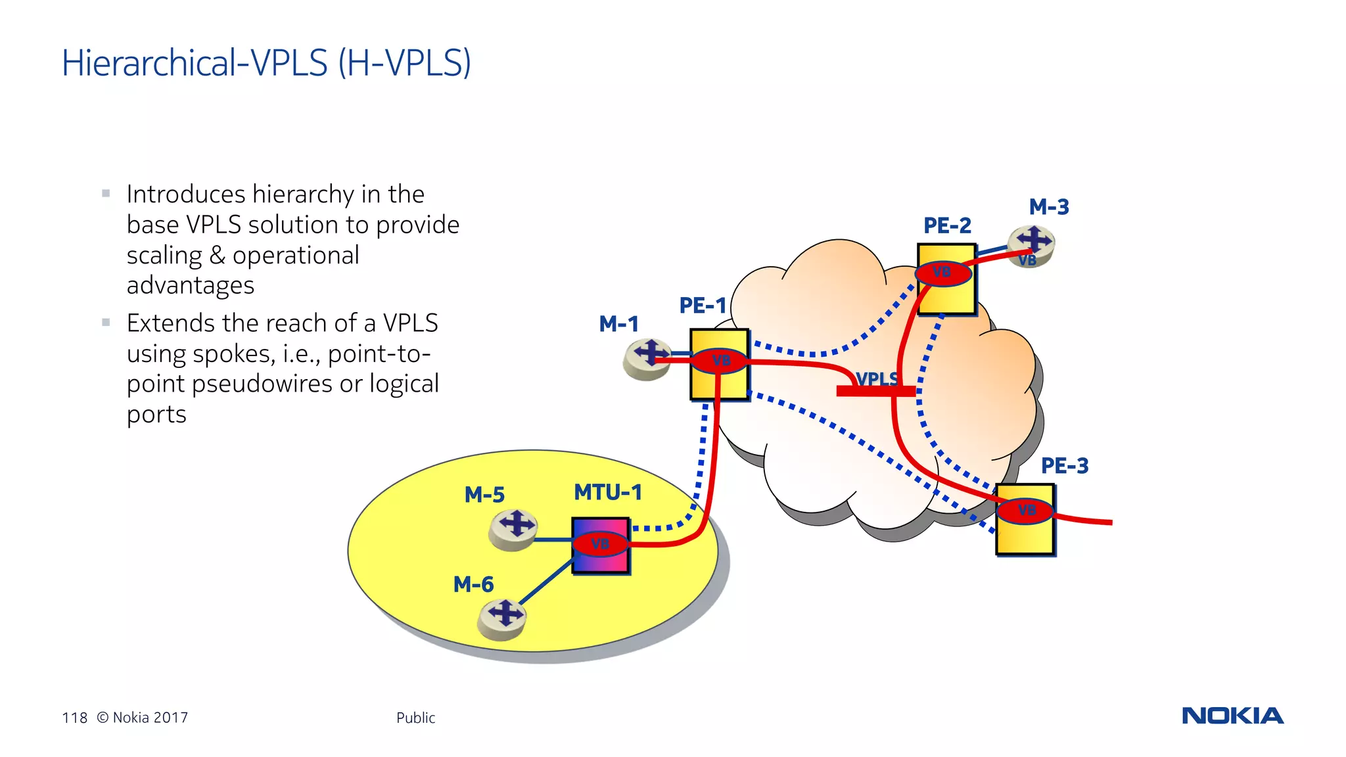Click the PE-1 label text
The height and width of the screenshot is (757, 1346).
click(x=702, y=306)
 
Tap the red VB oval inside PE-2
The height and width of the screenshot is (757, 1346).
click(x=943, y=273)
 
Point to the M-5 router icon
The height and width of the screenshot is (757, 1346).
click(x=514, y=528)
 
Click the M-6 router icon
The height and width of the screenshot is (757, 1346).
click(x=503, y=618)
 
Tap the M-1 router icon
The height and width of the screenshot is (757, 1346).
click(x=648, y=358)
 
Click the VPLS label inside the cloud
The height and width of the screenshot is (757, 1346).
click(x=877, y=379)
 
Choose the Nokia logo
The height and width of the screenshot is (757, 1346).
click(x=1232, y=716)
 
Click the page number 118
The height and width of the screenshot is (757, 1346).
click(x=74, y=718)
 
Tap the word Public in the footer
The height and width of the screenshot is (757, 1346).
click(x=415, y=718)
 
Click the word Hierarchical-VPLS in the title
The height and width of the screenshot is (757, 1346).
click(x=195, y=63)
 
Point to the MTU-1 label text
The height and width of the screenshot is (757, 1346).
click(x=607, y=492)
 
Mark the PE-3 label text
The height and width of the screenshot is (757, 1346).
click(x=1065, y=466)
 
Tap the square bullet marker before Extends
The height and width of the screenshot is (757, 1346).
click(x=106, y=322)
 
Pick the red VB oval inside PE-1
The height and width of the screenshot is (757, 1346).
click(x=720, y=361)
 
